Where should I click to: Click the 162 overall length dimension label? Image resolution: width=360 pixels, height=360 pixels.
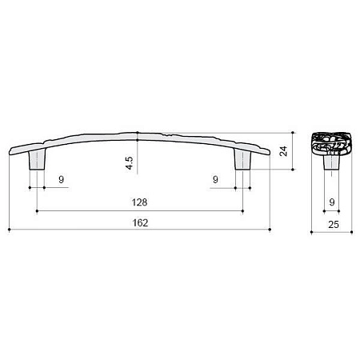click(x=140, y=222)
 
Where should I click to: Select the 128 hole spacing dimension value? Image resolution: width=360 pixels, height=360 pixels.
click(x=139, y=202)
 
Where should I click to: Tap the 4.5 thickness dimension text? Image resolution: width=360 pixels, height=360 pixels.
click(x=129, y=163)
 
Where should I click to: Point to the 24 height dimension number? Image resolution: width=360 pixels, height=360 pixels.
click(x=283, y=151)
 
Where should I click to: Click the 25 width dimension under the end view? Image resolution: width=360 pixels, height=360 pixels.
click(x=334, y=225)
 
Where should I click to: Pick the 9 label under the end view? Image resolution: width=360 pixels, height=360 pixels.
click(x=332, y=202)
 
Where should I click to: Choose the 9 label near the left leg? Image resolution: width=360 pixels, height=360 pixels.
click(x=62, y=179)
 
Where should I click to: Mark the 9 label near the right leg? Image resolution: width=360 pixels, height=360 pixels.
click(x=215, y=179)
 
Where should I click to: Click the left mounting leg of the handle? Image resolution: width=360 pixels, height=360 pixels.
click(x=37, y=159)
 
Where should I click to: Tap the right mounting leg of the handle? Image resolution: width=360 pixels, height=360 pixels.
click(x=242, y=159)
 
